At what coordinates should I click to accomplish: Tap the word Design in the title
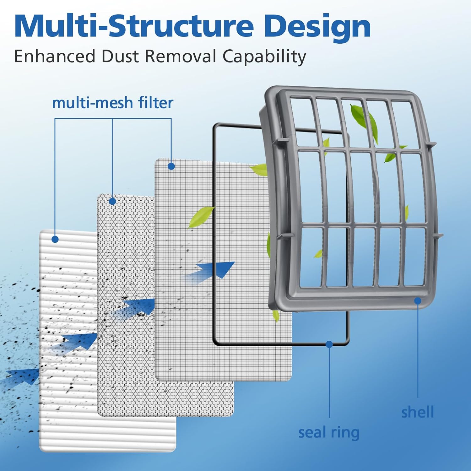[317, 27]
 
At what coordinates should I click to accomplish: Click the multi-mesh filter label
[112, 103]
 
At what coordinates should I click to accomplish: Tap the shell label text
[418, 412]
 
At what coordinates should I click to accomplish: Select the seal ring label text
[329, 433]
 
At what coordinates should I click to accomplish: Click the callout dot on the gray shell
[418, 301]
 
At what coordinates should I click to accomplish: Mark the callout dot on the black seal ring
[329, 344]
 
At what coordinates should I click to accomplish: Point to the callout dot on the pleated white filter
[55, 239]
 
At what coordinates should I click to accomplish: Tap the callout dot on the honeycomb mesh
[112, 201]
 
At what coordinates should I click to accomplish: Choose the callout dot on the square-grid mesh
[171, 166]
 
